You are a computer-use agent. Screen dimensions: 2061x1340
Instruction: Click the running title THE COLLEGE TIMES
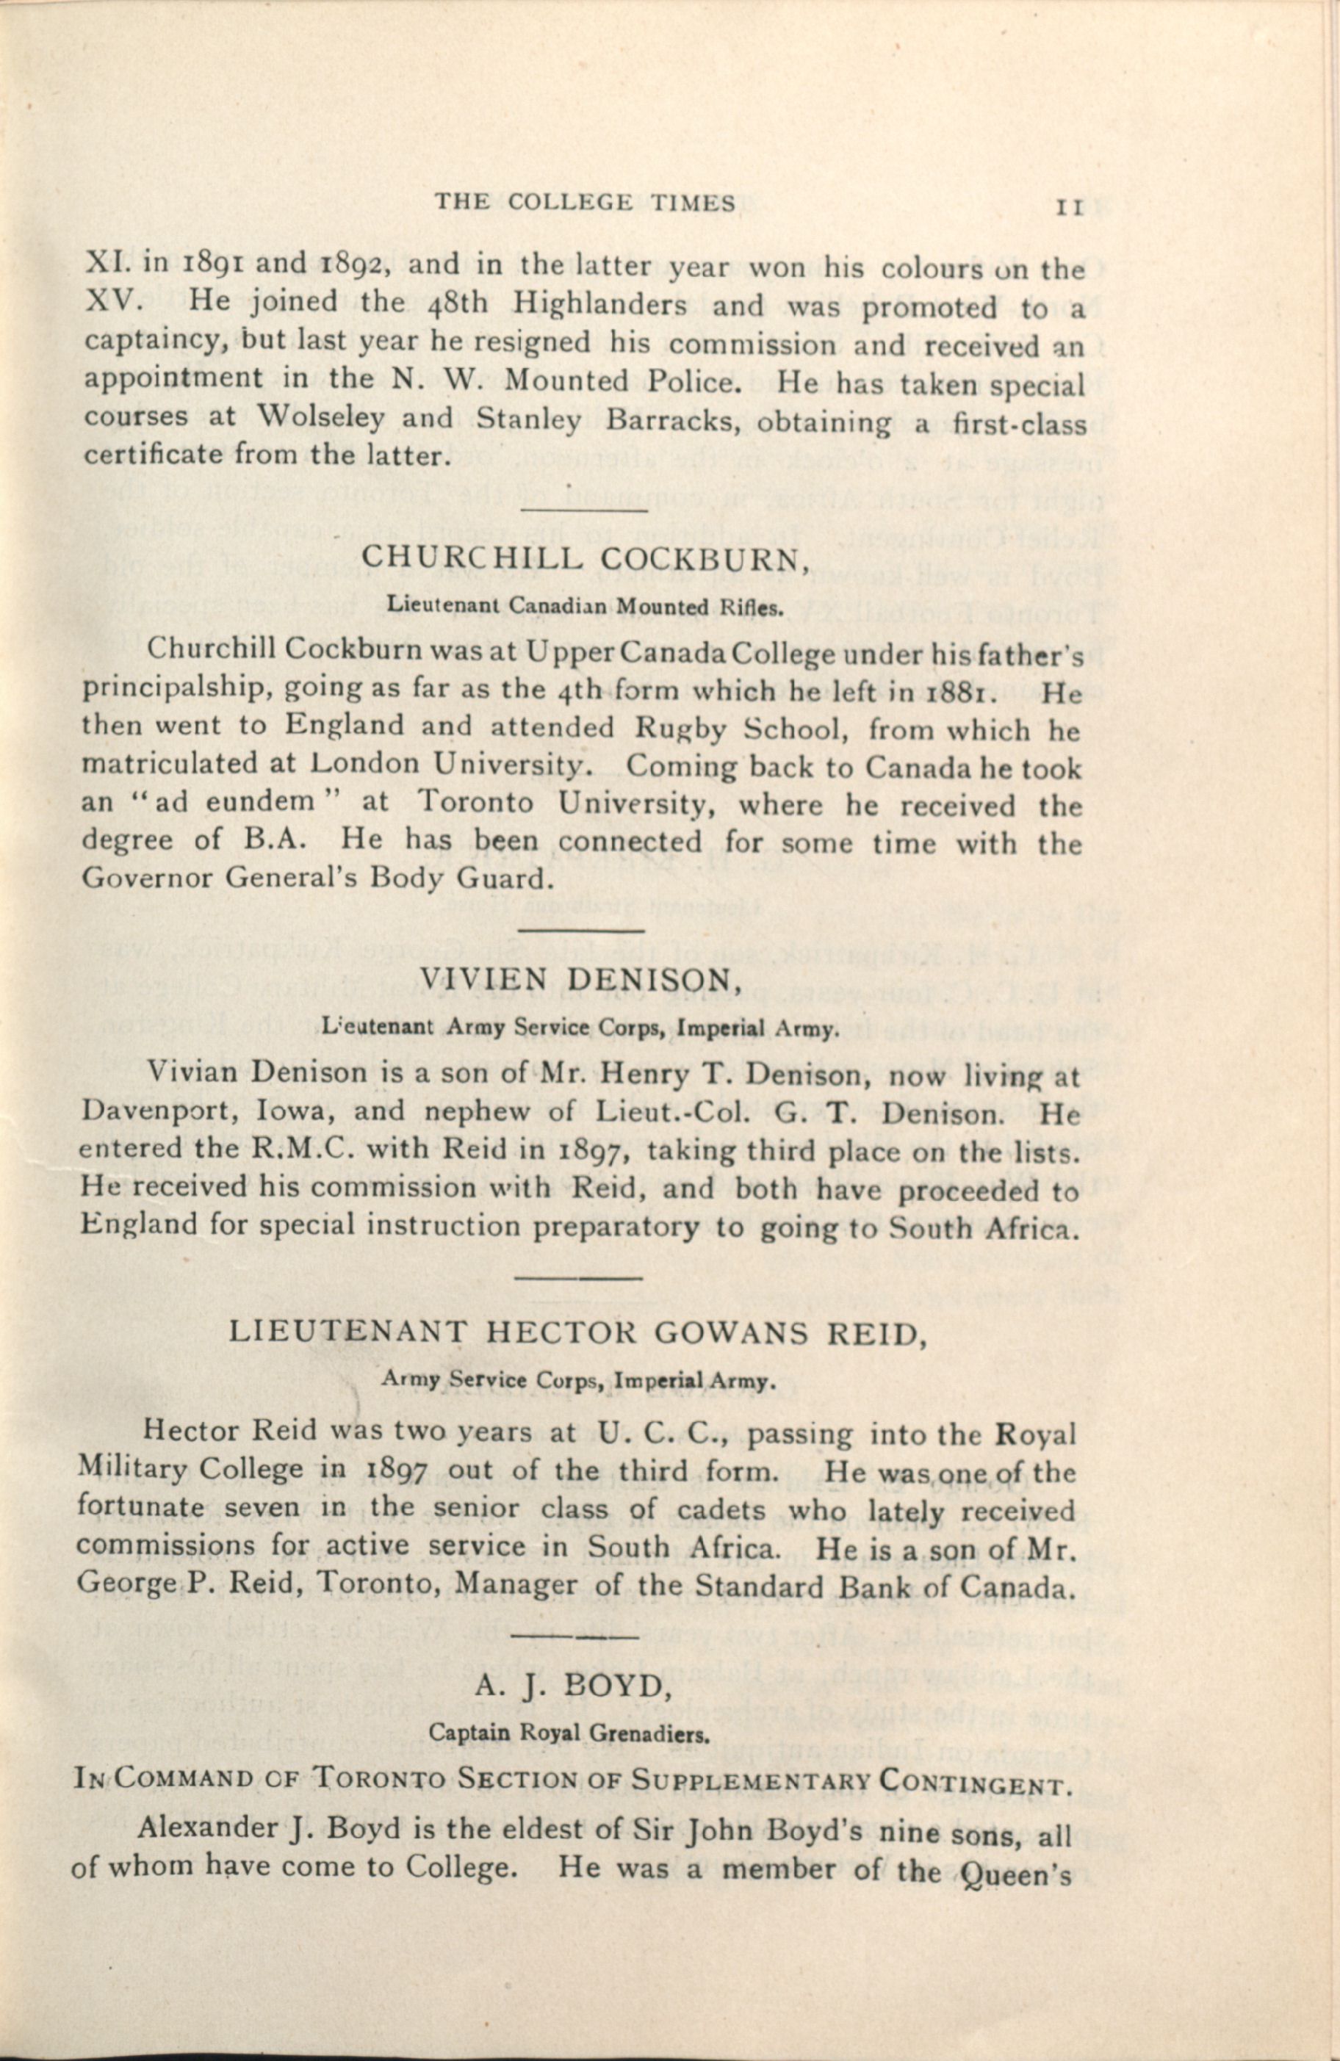[585, 203]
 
